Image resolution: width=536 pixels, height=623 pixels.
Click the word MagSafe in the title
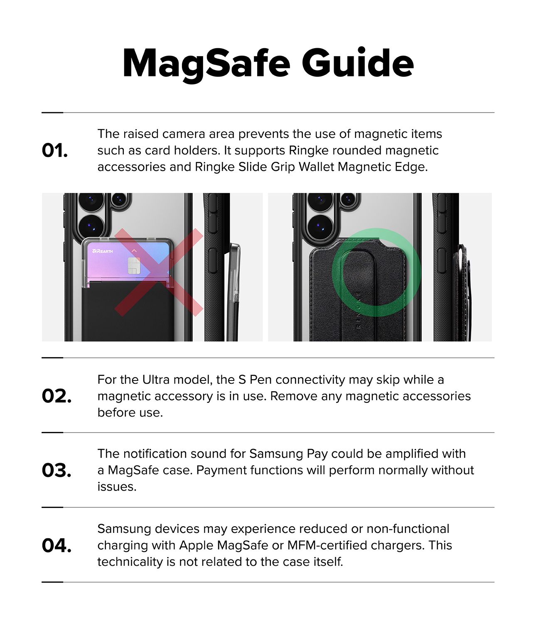[207, 64]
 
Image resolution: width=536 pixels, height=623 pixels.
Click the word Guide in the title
[358, 63]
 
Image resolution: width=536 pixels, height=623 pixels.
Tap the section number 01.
[54, 150]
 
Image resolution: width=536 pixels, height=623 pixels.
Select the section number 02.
[57, 396]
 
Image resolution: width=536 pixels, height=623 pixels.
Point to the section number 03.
[57, 470]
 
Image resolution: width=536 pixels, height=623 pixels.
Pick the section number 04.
[57, 545]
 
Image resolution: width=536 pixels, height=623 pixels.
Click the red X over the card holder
[159, 272]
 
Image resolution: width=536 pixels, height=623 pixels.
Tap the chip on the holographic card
[134, 266]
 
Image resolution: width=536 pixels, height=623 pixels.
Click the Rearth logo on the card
[103, 251]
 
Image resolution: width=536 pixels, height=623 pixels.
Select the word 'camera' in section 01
[184, 134]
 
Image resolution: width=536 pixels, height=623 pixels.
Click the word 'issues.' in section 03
[117, 487]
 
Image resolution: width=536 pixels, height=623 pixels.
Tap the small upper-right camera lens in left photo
[119, 199]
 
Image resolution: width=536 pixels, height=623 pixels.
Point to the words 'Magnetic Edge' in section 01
[383, 167]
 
